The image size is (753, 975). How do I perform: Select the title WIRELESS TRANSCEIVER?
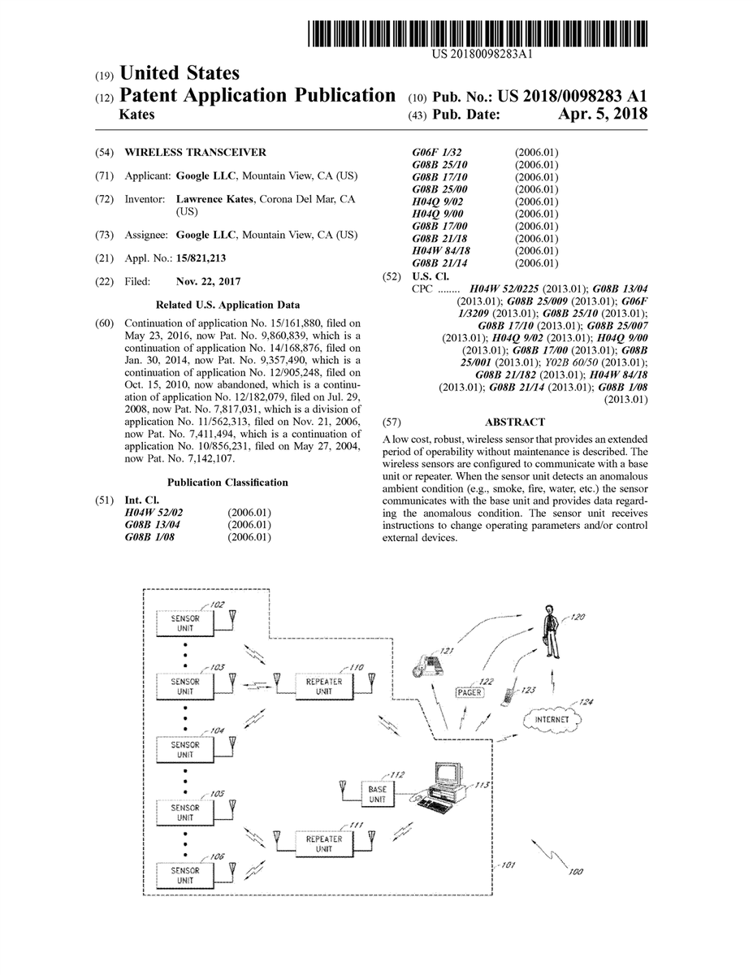point(194,152)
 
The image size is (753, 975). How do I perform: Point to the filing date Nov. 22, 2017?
point(208,281)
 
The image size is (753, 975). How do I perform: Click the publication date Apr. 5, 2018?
point(602,115)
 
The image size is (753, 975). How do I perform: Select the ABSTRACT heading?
point(514,422)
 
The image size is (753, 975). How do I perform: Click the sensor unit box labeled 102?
point(185,624)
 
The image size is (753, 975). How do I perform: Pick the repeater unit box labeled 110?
point(323,685)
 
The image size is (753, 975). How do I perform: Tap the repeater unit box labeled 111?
point(323,843)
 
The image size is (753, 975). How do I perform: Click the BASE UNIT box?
point(377,794)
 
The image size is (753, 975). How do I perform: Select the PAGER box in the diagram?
point(469,692)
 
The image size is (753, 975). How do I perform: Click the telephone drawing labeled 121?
point(427,665)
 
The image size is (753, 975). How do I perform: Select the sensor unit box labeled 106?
point(185,875)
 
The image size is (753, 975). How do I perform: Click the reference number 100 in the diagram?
point(575,872)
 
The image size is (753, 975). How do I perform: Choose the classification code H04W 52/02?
point(154,513)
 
